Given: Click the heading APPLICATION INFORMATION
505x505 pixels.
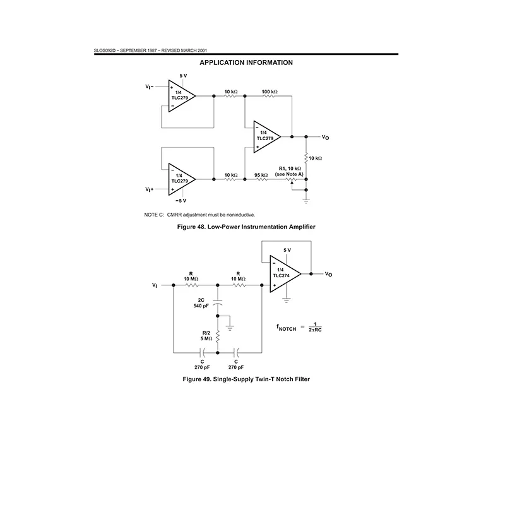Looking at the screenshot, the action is tap(246, 62).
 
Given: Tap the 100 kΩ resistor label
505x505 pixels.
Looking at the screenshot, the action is tap(270, 92).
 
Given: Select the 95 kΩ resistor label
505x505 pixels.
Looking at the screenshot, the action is tap(261, 175).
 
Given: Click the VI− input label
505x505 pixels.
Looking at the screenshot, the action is tap(149, 86).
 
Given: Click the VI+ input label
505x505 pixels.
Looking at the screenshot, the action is tap(149, 189).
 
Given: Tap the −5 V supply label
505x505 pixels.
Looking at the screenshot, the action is tap(181, 201).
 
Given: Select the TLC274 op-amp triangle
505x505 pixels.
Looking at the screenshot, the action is tap(285, 274).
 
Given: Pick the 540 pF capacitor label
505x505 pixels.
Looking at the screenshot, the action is tap(201, 306).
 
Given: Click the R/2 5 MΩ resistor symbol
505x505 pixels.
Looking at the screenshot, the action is tap(218, 336).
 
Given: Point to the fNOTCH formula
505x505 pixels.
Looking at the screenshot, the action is tap(299, 327).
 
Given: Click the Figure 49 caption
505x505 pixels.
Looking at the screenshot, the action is tap(246, 379).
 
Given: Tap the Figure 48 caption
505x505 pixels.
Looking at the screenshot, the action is tap(246, 227).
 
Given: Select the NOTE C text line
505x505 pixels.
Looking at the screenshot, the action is tap(199, 215).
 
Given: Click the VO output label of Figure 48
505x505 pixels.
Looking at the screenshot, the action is tap(325, 138).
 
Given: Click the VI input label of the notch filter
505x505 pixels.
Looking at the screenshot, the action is tap(155, 285).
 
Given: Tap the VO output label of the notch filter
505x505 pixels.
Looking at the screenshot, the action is tap(328, 274).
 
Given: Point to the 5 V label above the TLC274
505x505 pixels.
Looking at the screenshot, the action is tap(287, 250).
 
